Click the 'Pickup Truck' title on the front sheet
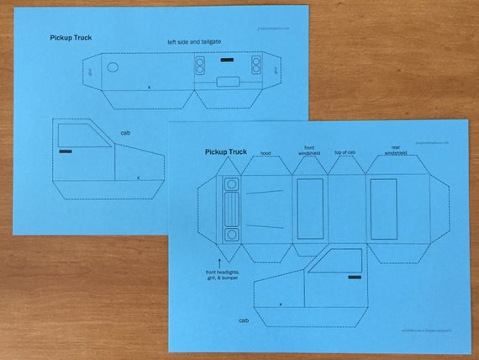coord(226,152)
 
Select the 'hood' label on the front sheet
coord(265,154)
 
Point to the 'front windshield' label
coord(308,150)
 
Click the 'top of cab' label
coord(345,152)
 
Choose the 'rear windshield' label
coord(395,151)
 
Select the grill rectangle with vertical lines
coord(231,209)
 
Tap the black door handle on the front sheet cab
coord(355,275)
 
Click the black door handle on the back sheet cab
coord(66,151)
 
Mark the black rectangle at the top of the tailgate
coord(227,60)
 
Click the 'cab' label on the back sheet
coord(125,133)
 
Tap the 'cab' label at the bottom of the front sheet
coord(243,320)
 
